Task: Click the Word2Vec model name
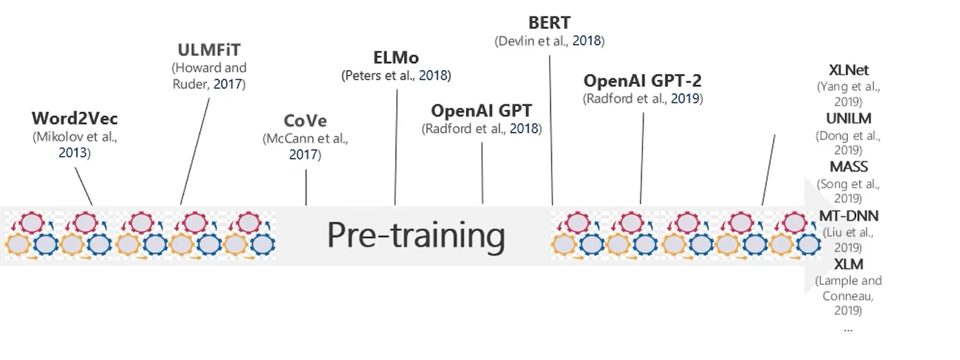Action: tap(74, 118)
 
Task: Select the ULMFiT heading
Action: tap(209, 50)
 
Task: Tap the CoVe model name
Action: tap(305, 121)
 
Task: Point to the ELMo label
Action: tap(396, 57)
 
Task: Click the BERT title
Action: tap(549, 23)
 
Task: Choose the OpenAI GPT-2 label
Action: tap(643, 80)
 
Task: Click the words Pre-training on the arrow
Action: tap(416, 235)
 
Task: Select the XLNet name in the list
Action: tap(849, 70)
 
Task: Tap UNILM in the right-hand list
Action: tap(849, 118)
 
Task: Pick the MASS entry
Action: tap(849, 167)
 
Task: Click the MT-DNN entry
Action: tap(849, 216)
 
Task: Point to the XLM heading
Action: tap(849, 265)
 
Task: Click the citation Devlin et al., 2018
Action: tap(549, 41)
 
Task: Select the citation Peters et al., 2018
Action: tap(396, 76)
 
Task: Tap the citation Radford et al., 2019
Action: tap(643, 99)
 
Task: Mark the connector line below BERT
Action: tap(551, 131)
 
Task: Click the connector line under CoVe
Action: tap(306, 187)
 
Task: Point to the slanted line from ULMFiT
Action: tap(195, 151)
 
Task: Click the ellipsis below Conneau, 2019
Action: tap(848, 328)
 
